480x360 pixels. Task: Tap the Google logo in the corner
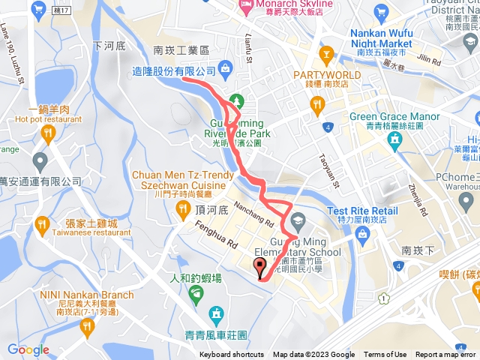(x=28, y=349)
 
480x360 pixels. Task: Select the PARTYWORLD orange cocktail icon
(x=326, y=54)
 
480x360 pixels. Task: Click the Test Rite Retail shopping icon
(x=361, y=235)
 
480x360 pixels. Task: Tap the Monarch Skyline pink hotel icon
(x=244, y=5)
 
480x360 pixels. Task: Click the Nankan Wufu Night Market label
(x=380, y=38)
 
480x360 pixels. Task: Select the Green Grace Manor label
(x=394, y=116)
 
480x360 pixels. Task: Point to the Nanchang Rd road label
(x=253, y=212)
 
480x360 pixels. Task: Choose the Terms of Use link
(x=385, y=355)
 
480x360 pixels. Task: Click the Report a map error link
(x=446, y=355)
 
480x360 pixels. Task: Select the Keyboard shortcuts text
(x=231, y=355)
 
